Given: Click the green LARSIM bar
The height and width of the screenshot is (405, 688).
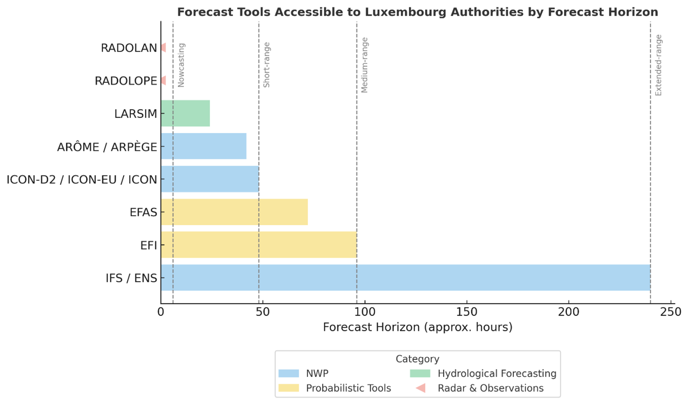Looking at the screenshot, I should tap(185, 113).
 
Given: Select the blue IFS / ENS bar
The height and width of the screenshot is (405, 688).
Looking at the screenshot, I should tap(405, 278).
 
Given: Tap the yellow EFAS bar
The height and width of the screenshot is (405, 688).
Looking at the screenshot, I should tap(234, 212).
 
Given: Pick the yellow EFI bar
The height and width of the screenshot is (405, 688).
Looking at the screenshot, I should tap(259, 244).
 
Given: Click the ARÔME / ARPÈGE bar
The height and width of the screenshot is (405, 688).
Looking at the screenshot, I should tap(204, 146).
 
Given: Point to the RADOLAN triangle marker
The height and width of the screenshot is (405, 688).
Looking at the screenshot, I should tap(164, 48).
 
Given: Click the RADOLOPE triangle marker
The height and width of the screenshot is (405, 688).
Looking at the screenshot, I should tap(164, 80).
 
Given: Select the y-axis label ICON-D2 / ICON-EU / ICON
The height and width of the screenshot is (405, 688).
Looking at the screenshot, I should tap(82, 179).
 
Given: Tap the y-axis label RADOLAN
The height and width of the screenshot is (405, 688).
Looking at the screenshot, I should tap(129, 48).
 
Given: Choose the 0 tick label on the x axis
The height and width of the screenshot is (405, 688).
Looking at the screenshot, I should tap(161, 312).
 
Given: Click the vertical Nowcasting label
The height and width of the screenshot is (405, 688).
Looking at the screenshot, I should tap(181, 65).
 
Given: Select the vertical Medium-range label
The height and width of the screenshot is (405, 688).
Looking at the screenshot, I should tap(364, 65).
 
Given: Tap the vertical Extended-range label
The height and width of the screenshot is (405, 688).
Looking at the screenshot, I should tap(659, 65).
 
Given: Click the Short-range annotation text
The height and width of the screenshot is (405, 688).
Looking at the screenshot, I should tap(267, 65).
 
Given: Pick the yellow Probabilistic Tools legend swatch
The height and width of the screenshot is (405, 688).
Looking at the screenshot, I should tap(288, 388).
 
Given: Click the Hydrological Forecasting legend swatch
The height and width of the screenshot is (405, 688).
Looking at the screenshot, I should tap(420, 373).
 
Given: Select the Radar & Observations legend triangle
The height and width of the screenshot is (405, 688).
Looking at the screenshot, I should tap(421, 388).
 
